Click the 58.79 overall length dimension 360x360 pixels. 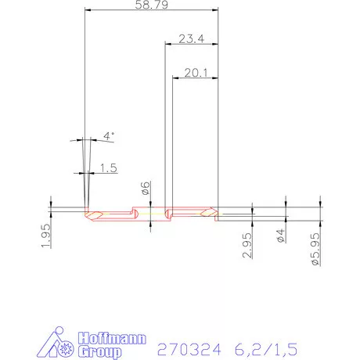pos(149,5)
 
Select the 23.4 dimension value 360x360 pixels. pos(191,39)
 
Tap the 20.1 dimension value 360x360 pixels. pos(195,74)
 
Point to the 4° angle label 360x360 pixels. pos(110,135)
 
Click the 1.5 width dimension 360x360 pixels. pos(108,167)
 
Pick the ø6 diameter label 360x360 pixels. pos(145,188)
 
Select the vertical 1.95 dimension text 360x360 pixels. pos(45,235)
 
